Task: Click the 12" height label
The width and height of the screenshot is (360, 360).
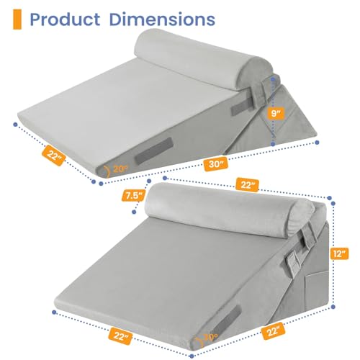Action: [341, 254]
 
